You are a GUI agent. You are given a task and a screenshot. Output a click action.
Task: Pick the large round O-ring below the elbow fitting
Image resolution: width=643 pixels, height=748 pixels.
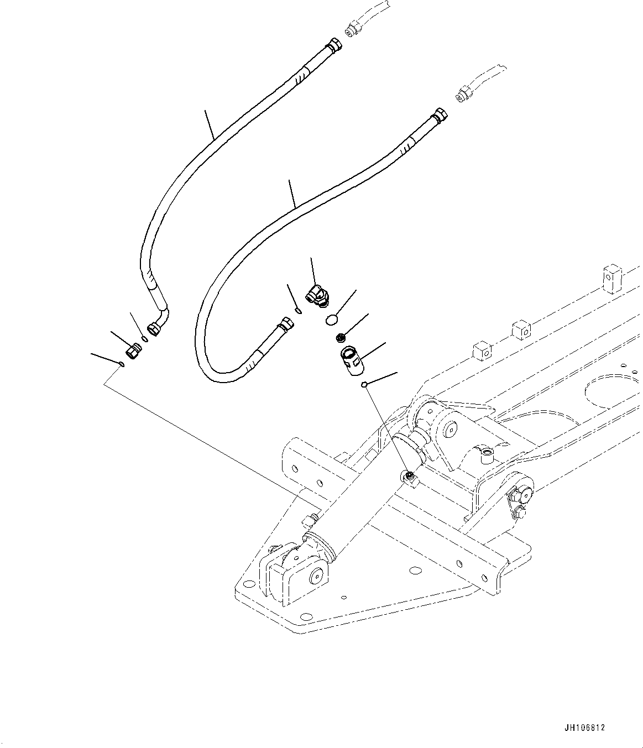[x=331, y=320]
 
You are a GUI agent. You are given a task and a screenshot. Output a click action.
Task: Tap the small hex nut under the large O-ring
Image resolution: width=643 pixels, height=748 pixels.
[x=342, y=337]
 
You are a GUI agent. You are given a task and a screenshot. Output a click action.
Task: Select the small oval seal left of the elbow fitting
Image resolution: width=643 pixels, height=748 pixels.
[x=299, y=311]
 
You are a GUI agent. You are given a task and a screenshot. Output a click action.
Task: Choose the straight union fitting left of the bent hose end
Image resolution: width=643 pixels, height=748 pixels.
[x=134, y=351]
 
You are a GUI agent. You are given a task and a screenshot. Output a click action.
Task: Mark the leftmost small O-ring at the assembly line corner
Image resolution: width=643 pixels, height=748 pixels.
[x=122, y=364]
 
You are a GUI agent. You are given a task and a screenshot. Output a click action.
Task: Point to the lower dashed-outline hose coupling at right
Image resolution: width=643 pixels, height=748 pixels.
[x=463, y=93]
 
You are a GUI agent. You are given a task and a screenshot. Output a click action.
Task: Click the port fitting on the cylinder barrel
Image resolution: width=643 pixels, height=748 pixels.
[x=410, y=476]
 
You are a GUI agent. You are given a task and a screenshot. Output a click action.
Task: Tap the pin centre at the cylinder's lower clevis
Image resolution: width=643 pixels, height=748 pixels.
[x=316, y=577]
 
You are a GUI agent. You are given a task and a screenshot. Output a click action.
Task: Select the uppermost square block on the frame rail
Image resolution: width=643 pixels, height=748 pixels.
[x=611, y=278]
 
